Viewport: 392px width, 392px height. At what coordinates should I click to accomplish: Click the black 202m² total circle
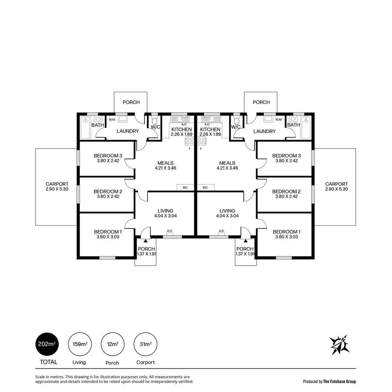click(x=47, y=344)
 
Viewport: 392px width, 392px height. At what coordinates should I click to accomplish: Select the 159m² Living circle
click(x=79, y=344)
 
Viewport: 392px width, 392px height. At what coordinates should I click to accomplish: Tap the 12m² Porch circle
click(x=113, y=344)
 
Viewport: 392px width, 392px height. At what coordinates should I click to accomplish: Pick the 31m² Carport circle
click(x=146, y=344)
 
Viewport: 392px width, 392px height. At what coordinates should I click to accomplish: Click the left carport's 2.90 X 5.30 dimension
click(x=57, y=189)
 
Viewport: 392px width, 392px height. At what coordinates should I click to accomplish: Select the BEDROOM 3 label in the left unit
click(x=108, y=156)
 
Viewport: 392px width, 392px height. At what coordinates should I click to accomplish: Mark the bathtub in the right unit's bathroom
click(x=306, y=128)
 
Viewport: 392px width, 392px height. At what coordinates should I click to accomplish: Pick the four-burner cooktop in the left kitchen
click(x=190, y=141)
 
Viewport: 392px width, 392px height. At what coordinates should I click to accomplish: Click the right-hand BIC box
click(x=205, y=188)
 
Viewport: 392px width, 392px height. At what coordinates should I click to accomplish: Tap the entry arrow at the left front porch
click(x=146, y=240)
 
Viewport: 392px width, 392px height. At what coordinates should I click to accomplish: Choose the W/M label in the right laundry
click(x=278, y=120)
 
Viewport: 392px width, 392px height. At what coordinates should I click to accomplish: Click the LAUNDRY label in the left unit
click(x=127, y=131)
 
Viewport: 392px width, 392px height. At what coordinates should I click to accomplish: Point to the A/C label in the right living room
click(x=221, y=231)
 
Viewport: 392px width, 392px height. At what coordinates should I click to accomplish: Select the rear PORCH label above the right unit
click(x=261, y=102)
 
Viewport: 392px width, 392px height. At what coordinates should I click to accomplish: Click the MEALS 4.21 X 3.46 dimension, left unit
click(x=165, y=168)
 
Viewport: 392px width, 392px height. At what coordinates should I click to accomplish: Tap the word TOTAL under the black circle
click(x=49, y=362)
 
